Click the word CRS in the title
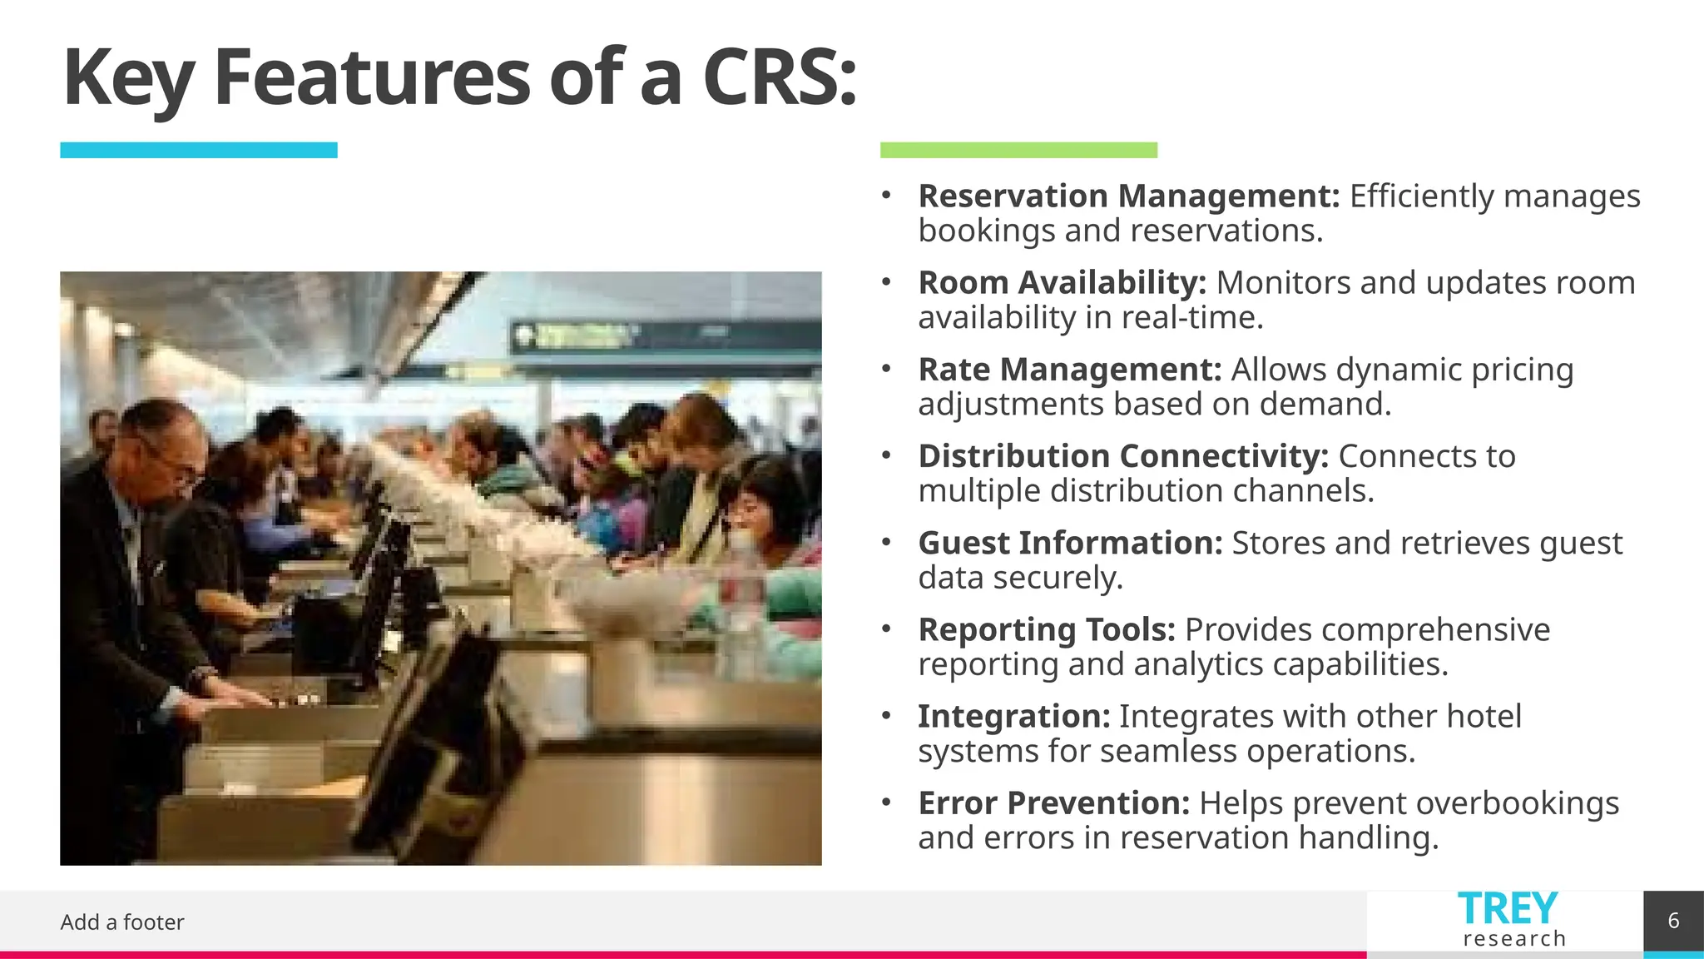pyautogui.click(x=778, y=77)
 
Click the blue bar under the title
pyautogui.click(x=198, y=150)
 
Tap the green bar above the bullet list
pyautogui.click(x=1018, y=150)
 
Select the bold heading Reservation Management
pyautogui.click(x=1128, y=196)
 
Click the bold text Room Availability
pyautogui.click(x=1062, y=283)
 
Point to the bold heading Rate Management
pyautogui.click(x=1069, y=370)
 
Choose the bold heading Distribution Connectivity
pyautogui.click(x=1123, y=456)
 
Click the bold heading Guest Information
pyautogui.click(x=1070, y=543)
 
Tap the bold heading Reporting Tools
pyautogui.click(x=1047, y=630)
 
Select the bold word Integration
pyautogui.click(x=1013, y=717)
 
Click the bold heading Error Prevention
pyautogui.click(x=1054, y=803)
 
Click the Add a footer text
pyautogui.click(x=122, y=922)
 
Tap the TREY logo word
pyautogui.click(x=1508, y=909)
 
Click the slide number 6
pyautogui.click(x=1673, y=921)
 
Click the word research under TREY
pyautogui.click(x=1514, y=939)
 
